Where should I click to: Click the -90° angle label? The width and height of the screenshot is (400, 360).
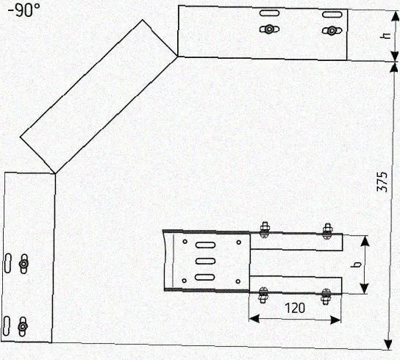coord(24,11)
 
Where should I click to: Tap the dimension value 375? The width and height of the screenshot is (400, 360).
coord(382,181)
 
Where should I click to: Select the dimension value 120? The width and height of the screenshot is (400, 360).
coord(295,308)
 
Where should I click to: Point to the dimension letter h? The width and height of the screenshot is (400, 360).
coord(385,35)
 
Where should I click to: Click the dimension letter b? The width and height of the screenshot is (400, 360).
coord(356,264)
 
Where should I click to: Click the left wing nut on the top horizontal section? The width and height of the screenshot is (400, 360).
coord(269,29)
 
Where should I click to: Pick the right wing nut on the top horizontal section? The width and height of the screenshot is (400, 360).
coord(332,31)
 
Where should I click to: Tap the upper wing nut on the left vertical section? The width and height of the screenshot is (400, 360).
coord(24,264)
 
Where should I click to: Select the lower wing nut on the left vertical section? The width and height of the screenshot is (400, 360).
coord(23,326)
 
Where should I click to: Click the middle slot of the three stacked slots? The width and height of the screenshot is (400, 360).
coord(206,261)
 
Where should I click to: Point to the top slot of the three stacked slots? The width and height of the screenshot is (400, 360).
coord(206,245)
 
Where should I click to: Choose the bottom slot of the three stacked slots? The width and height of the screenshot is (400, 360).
coord(205,277)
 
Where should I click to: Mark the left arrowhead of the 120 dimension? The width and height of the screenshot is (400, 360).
coord(254,318)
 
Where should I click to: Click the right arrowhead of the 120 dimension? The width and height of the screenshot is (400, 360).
coord(335,320)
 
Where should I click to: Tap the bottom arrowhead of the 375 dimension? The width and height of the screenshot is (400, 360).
coord(388,345)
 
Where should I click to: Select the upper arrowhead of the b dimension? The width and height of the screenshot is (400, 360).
coord(365,241)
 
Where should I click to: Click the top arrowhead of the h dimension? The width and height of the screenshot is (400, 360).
coord(395,17)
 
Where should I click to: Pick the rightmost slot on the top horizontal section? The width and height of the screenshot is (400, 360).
coord(332,15)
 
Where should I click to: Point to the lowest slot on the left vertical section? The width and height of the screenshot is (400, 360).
coord(7,326)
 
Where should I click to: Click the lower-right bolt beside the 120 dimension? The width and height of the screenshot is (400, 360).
coord(326,296)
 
